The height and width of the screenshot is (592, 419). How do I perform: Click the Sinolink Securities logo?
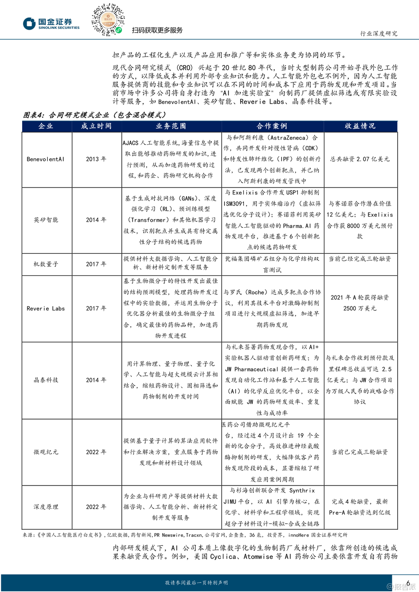pyautogui.click(x=51, y=24)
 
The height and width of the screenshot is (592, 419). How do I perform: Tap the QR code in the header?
pyautogui.click(x=108, y=20)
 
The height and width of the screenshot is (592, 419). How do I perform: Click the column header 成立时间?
pyautogui.click(x=96, y=126)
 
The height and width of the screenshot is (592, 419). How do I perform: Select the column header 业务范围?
pyautogui.click(x=171, y=126)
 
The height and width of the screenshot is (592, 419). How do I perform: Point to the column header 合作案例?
pyautogui.click(x=272, y=126)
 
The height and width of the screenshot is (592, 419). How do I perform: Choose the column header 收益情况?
pyautogui.click(x=360, y=126)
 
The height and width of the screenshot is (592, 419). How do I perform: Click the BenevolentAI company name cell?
pyautogui.click(x=45, y=159)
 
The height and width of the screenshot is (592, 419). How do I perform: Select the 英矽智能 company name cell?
pyautogui.click(x=46, y=220)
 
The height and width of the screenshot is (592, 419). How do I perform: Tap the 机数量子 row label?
pyautogui.click(x=46, y=264)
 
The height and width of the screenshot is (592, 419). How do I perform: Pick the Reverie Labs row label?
pyautogui.click(x=46, y=308)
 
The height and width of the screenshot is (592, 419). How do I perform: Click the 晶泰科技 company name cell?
pyautogui.click(x=46, y=380)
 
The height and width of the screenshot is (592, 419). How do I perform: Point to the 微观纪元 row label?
pyautogui.click(x=46, y=452)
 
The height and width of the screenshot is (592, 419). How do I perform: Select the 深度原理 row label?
pyautogui.click(x=46, y=507)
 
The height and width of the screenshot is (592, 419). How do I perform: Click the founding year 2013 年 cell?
pyautogui.click(x=96, y=159)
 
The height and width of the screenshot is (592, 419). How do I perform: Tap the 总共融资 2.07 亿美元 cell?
pyautogui.click(x=360, y=159)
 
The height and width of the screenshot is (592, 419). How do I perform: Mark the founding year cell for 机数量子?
pyautogui.click(x=96, y=264)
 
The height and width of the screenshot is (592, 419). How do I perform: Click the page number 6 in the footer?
pyautogui.click(x=408, y=583)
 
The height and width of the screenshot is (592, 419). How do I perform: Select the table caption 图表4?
pyautogui.click(x=95, y=115)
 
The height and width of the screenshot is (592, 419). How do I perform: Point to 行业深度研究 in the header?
pyautogui.click(x=379, y=34)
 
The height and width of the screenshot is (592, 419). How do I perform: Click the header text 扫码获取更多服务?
pyautogui.click(x=157, y=30)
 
